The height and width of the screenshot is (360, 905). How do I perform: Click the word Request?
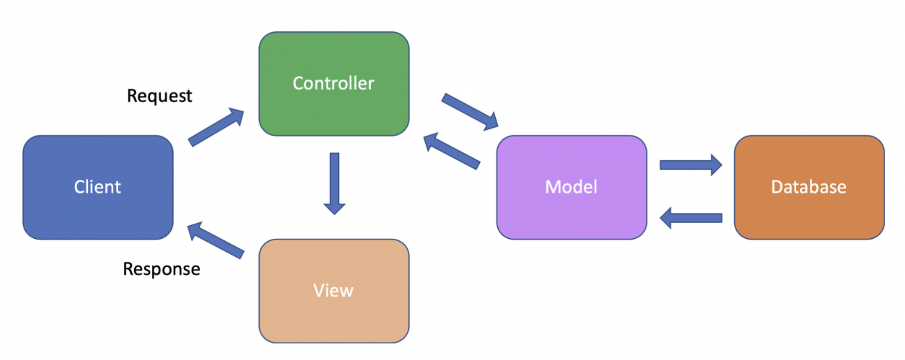(160, 96)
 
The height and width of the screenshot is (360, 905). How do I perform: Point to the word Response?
(162, 269)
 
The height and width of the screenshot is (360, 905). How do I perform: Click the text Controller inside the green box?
(333, 83)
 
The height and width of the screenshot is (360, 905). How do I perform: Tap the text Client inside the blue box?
(97, 187)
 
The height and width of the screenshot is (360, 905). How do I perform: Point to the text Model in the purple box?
(571, 187)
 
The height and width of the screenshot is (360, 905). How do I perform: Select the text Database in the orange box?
(808, 187)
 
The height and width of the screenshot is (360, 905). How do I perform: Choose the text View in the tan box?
(333, 290)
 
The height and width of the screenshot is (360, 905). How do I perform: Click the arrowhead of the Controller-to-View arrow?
(335, 208)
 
